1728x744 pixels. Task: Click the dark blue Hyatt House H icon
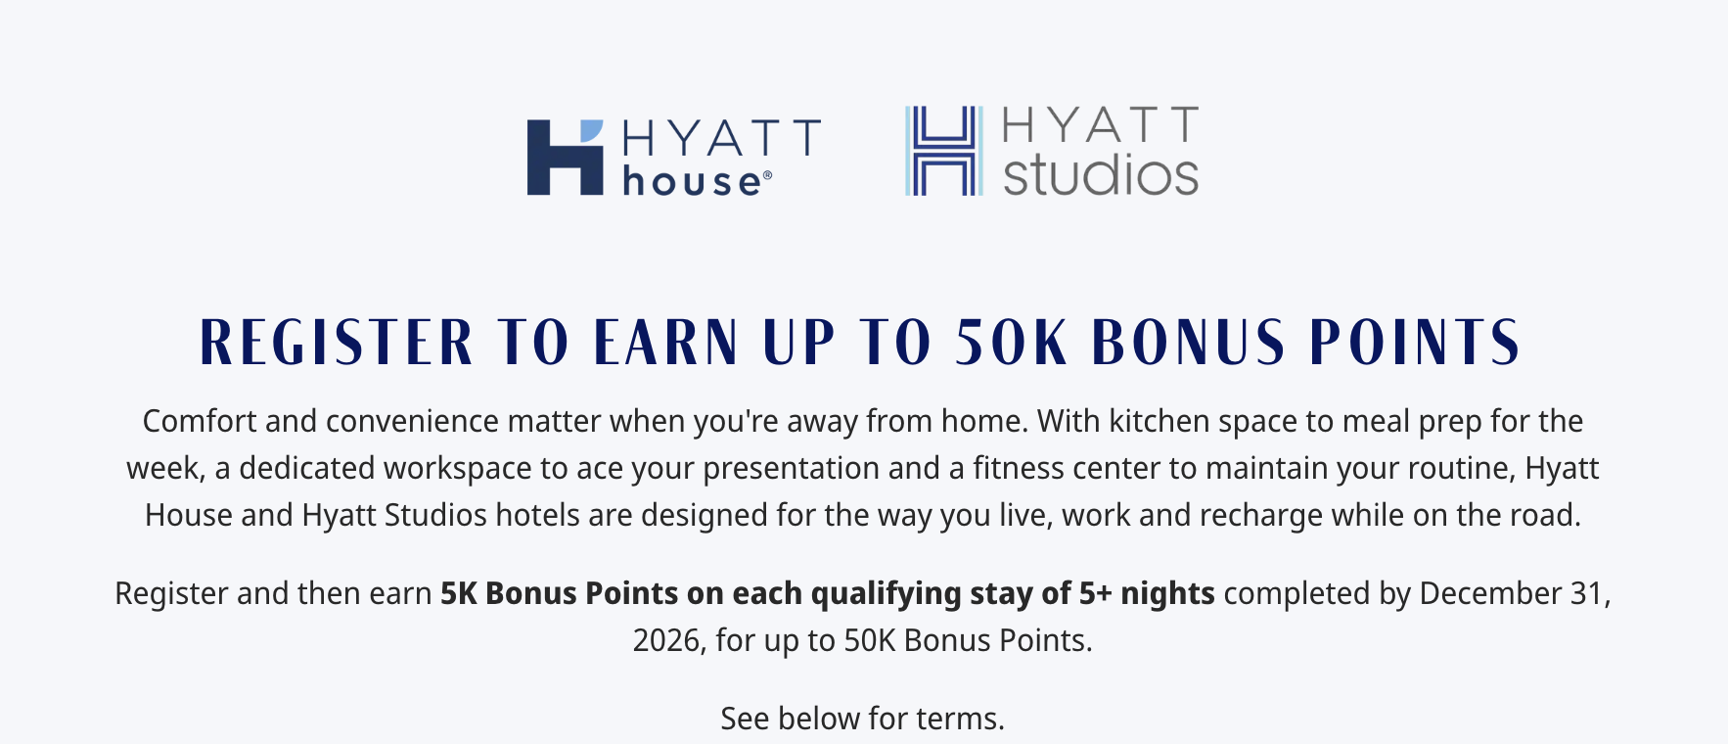[566, 158]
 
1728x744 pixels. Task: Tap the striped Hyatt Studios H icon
[943, 151]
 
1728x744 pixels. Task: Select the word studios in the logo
[1101, 174]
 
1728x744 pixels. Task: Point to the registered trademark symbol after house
[767, 176]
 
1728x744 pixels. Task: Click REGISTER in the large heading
[337, 343]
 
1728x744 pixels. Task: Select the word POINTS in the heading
[1415, 343]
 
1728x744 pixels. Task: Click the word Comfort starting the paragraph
[200, 421]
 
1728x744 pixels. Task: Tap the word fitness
[1018, 468]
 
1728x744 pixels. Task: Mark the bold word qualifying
[886, 593]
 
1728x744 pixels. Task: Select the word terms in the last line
[958, 719]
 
